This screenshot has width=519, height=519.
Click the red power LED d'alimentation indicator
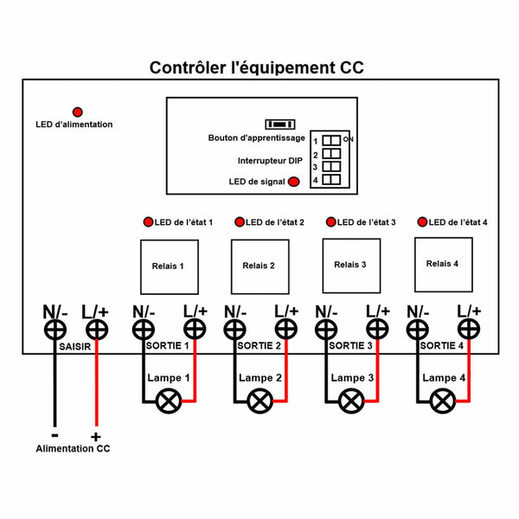click(78, 112)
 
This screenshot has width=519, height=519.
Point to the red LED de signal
click(294, 182)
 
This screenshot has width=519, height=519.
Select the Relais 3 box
click(350, 265)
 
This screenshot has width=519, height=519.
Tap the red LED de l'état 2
click(240, 221)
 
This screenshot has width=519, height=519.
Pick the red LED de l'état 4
click(423, 221)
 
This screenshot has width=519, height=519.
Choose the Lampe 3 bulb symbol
click(350, 401)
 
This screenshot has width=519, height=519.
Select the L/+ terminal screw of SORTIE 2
click(286, 330)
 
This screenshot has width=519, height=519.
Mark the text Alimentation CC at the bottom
click(73, 449)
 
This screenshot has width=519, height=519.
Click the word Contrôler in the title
click(184, 67)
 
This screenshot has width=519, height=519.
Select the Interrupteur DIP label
click(271, 161)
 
